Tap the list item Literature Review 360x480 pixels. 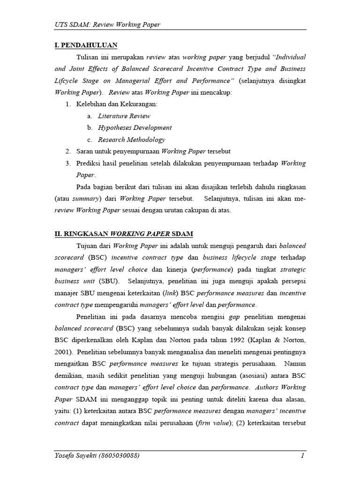(x=124, y=116)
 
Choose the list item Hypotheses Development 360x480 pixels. (x=135, y=127)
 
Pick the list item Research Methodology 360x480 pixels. (x=131, y=139)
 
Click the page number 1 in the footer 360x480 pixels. (x=303, y=456)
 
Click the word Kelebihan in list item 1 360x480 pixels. (x=91, y=104)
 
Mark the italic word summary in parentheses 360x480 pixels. (x=85, y=198)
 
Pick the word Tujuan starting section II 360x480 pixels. (x=88, y=246)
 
